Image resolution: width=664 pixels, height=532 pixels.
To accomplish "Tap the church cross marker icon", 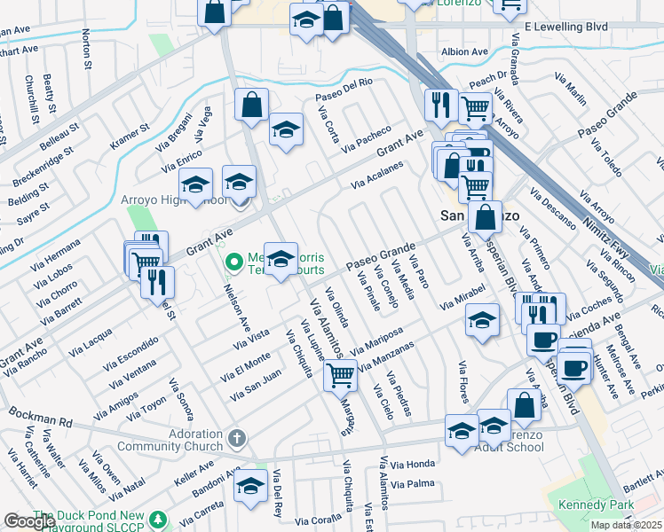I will click(236, 438).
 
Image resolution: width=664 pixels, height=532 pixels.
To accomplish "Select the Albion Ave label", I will click(467, 52).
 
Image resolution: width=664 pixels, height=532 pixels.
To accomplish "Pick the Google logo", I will click(29, 521).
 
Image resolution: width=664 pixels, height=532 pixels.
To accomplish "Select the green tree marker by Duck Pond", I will click(158, 518).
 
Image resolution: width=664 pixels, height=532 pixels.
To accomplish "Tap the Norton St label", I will click(86, 49).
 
